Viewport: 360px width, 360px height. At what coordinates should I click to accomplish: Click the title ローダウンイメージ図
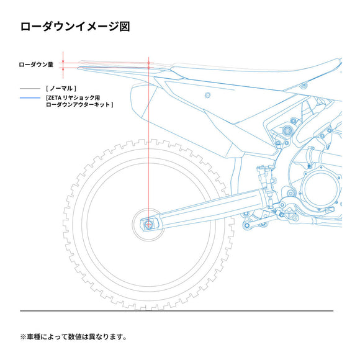tap(75, 27)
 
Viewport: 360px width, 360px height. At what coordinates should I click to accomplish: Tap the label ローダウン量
tap(36, 65)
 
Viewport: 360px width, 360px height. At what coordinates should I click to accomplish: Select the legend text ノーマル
tap(61, 88)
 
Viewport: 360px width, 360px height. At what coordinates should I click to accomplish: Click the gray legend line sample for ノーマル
tap(30, 88)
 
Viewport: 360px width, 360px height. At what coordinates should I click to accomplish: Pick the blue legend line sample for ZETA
tap(30, 98)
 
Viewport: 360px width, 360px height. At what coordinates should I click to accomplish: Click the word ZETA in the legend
tap(55, 98)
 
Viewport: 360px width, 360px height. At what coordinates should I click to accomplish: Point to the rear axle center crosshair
tap(148, 224)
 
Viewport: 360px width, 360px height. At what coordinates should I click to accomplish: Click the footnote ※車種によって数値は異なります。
tap(73, 337)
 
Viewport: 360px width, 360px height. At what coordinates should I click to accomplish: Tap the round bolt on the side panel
tap(207, 95)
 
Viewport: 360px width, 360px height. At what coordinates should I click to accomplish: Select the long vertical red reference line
tap(148, 141)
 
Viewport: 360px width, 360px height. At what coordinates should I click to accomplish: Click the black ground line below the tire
tap(176, 311)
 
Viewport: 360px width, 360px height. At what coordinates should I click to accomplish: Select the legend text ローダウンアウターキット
tap(78, 105)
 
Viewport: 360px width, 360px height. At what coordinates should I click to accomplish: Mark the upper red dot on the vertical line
tap(148, 63)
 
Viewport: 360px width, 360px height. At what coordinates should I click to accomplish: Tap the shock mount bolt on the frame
tap(287, 131)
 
